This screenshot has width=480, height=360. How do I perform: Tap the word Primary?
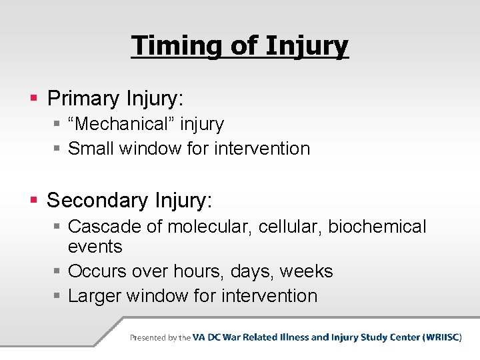(83, 99)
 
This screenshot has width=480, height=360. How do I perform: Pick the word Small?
(91, 148)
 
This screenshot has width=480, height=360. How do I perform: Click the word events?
(95, 247)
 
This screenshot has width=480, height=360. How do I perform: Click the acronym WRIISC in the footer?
(441, 337)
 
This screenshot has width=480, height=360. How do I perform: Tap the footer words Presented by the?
(160, 338)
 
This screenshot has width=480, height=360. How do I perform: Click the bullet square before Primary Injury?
(35, 99)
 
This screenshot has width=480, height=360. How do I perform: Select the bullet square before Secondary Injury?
(35, 201)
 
